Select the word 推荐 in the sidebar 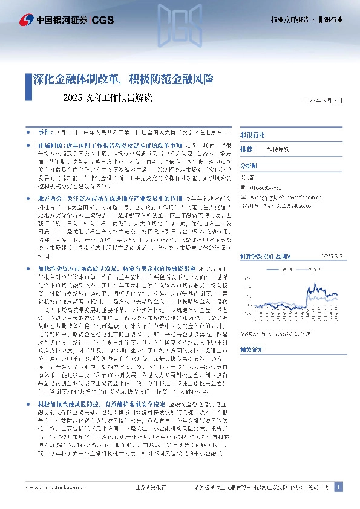[246, 149]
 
